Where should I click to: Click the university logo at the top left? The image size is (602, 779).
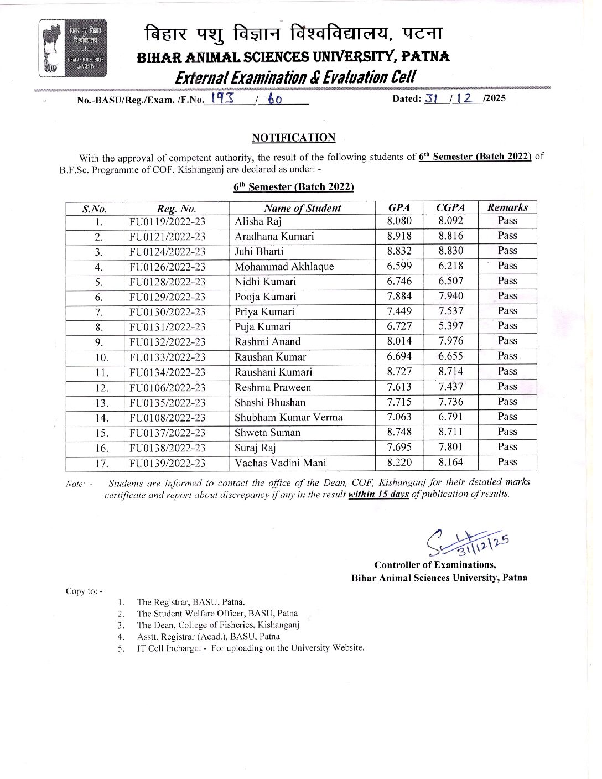coord(72,48)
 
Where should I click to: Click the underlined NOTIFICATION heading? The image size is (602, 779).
coord(293,138)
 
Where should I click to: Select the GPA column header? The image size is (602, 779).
coord(399,207)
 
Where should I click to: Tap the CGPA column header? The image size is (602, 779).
coord(450,207)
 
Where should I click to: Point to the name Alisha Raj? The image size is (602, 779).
coord(258,221)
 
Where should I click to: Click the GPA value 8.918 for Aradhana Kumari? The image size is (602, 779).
coord(399,236)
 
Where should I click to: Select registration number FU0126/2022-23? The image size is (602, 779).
coord(167,267)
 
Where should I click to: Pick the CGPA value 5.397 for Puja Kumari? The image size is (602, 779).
coord(451,326)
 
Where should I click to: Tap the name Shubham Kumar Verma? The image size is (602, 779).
coord(288,417)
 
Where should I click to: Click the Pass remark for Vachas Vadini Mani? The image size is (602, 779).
coord(507,462)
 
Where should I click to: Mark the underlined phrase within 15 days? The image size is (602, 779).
coord(378,494)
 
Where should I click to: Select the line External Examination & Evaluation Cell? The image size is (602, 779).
coord(295,77)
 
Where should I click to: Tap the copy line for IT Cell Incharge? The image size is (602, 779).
coord(251,647)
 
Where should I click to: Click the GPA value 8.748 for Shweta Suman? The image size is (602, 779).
coord(399,432)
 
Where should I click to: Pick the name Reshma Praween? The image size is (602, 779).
coord(273,387)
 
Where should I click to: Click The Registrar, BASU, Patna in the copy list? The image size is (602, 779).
coord(191,602)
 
